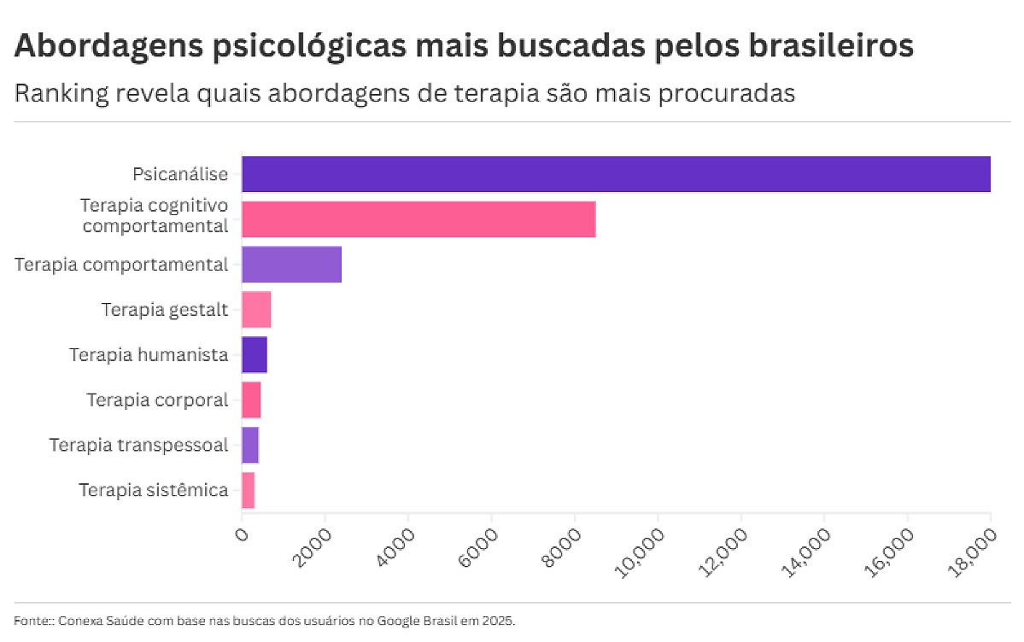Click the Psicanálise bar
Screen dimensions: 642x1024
616,174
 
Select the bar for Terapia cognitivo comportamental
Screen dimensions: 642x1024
418,219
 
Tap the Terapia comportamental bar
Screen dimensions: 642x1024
291,265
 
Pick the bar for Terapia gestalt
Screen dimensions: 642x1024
256,309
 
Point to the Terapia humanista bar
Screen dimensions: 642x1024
255,354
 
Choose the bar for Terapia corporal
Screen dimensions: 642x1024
251,400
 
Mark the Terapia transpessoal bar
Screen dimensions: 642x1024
250,445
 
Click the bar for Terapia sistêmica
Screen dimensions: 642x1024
249,490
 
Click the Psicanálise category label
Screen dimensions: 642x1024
180,174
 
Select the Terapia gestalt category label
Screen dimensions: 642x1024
165,309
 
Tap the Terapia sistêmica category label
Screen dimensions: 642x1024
154,490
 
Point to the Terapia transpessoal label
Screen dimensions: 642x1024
138,445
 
